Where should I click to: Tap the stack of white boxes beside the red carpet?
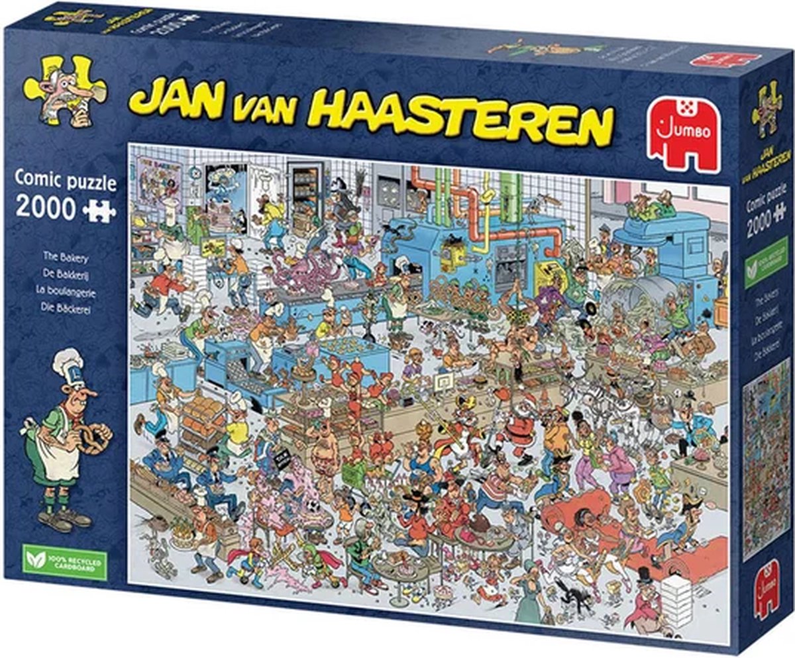(675, 600)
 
